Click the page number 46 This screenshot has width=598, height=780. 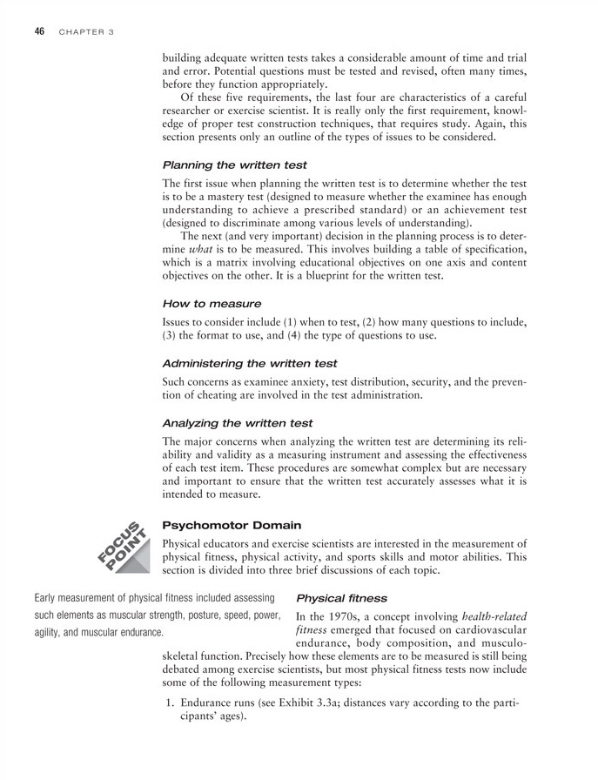(39, 31)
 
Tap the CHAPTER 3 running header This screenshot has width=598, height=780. (86, 32)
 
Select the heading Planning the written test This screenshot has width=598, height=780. (234, 164)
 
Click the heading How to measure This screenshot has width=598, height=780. (212, 303)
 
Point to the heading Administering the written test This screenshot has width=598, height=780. (249, 362)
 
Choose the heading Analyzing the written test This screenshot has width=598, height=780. (237, 422)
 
